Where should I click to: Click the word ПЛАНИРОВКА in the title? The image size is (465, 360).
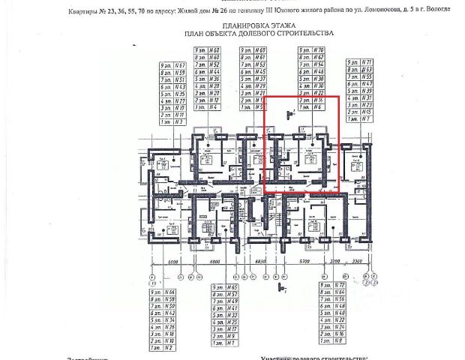217,24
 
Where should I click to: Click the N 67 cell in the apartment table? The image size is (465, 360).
179,65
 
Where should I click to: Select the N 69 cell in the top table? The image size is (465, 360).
259,50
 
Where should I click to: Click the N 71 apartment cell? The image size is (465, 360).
367,62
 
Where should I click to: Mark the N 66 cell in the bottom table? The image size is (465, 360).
170,292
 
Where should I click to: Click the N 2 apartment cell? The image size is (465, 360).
170,348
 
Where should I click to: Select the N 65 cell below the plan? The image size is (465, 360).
232,287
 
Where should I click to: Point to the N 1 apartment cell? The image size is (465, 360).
232,343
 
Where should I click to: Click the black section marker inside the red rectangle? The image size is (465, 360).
289,114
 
